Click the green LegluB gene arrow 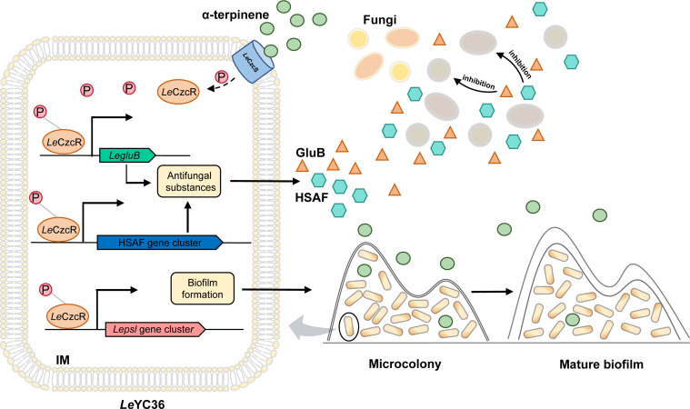click(127, 155)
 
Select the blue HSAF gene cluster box click(160, 243)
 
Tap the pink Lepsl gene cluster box click(155, 329)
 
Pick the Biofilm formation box click(203, 288)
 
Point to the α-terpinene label click(235, 15)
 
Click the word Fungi click(380, 20)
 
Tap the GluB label click(310, 153)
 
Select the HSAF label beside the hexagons click(312, 198)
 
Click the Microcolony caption click(405, 364)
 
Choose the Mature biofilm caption click(601, 364)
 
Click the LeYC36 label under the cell click(143, 404)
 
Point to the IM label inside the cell click(63, 360)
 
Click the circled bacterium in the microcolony click(349, 326)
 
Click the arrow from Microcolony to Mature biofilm click(492, 292)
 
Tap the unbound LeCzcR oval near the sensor click(178, 92)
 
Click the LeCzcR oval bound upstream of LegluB click(64, 142)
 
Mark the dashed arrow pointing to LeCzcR click(221, 85)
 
